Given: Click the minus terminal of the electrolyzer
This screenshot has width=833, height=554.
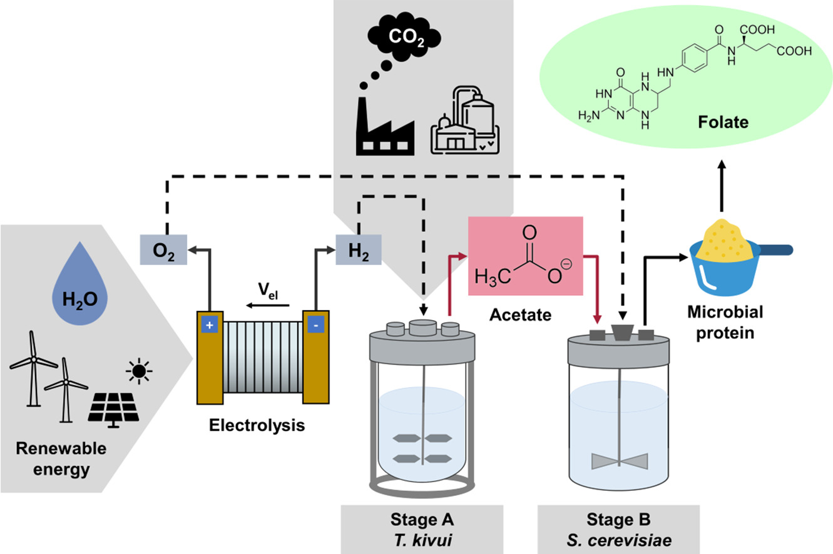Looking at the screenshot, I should click(x=312, y=325).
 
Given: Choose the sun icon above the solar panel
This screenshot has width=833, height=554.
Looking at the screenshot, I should click(x=138, y=371).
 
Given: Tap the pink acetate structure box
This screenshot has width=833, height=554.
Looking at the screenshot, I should click(x=526, y=256).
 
